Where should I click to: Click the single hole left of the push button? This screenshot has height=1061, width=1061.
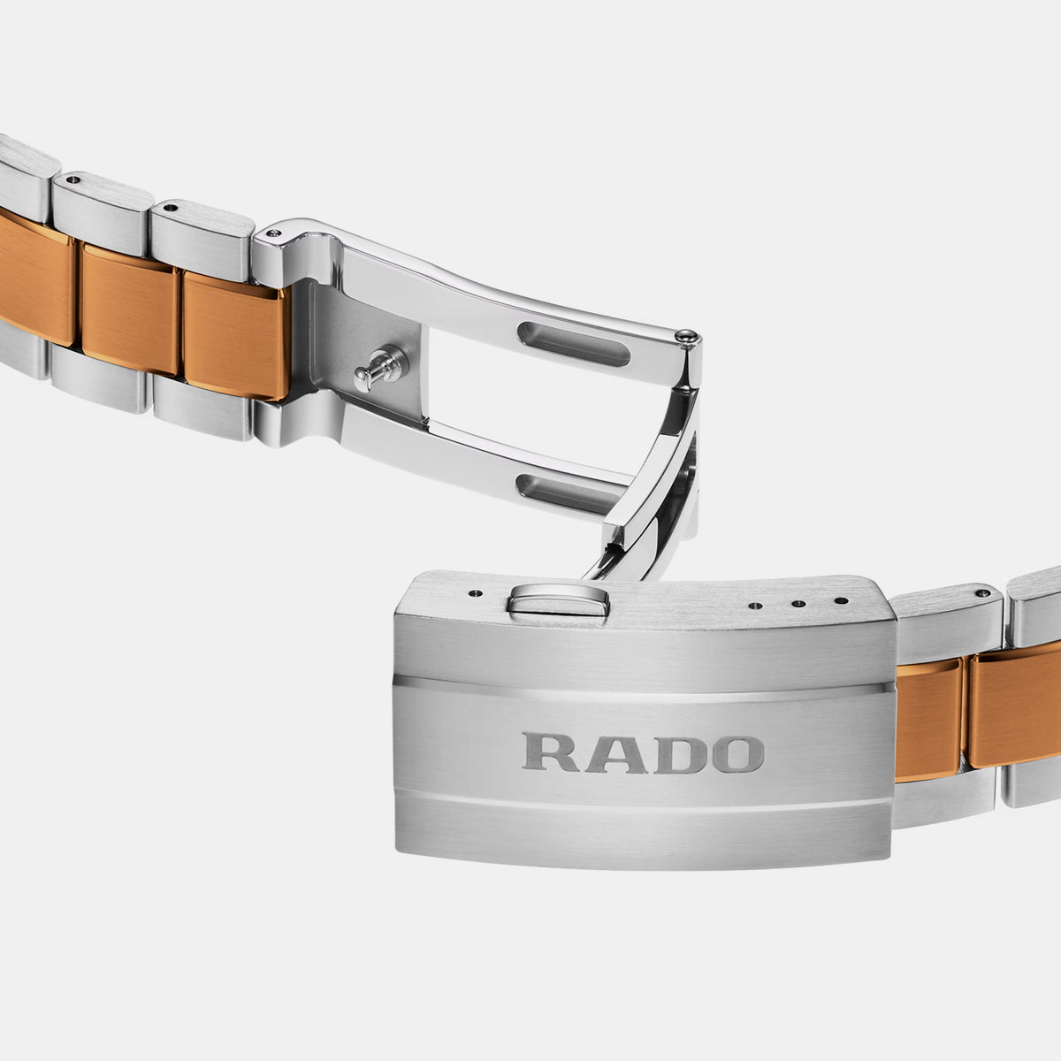(x=475, y=593)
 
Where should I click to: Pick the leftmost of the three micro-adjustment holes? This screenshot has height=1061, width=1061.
(x=756, y=606)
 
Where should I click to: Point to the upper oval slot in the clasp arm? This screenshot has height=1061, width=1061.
(x=574, y=344)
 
